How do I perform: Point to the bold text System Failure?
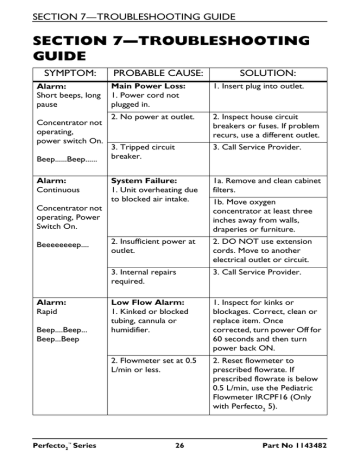[x=145, y=181]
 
